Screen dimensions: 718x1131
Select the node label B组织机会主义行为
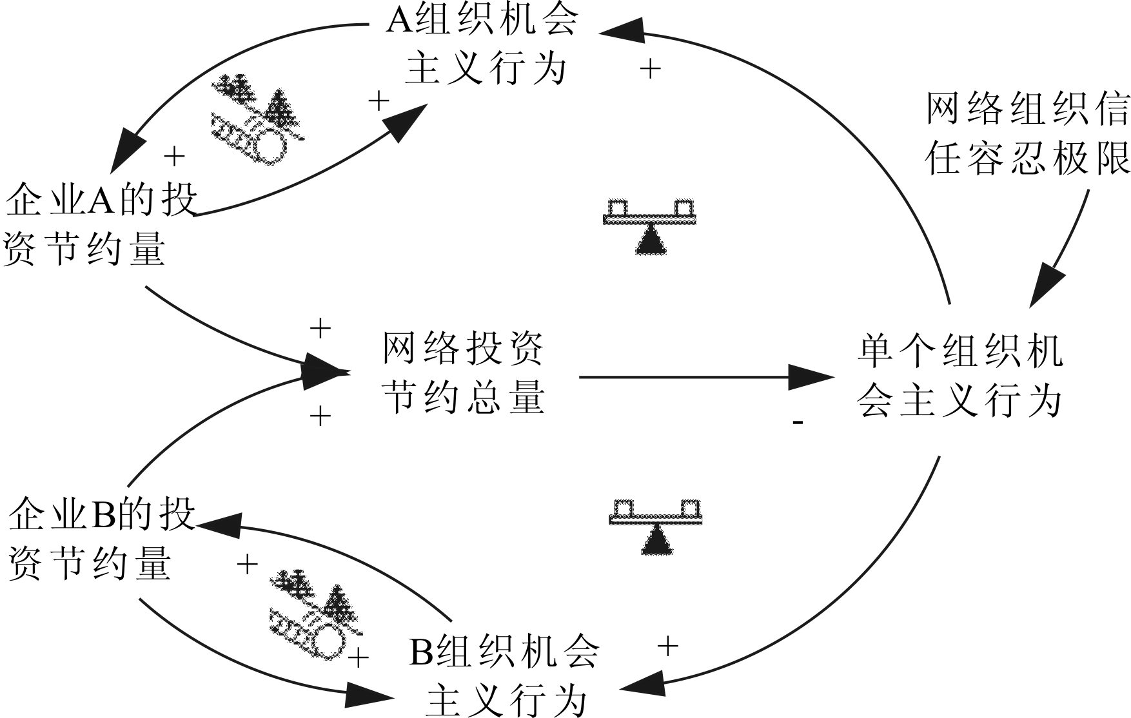coord(505,677)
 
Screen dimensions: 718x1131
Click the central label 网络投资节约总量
coord(464,373)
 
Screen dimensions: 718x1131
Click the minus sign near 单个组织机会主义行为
coord(798,423)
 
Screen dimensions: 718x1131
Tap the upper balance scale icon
coord(649,226)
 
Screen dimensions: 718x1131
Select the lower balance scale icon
coord(655,526)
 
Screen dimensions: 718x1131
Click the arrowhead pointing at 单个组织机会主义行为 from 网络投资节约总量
coord(812,377)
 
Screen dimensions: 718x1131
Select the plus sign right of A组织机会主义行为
coord(651,68)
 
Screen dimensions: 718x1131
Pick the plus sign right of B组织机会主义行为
coord(667,645)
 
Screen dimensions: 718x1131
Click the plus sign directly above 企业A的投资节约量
coord(174,156)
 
